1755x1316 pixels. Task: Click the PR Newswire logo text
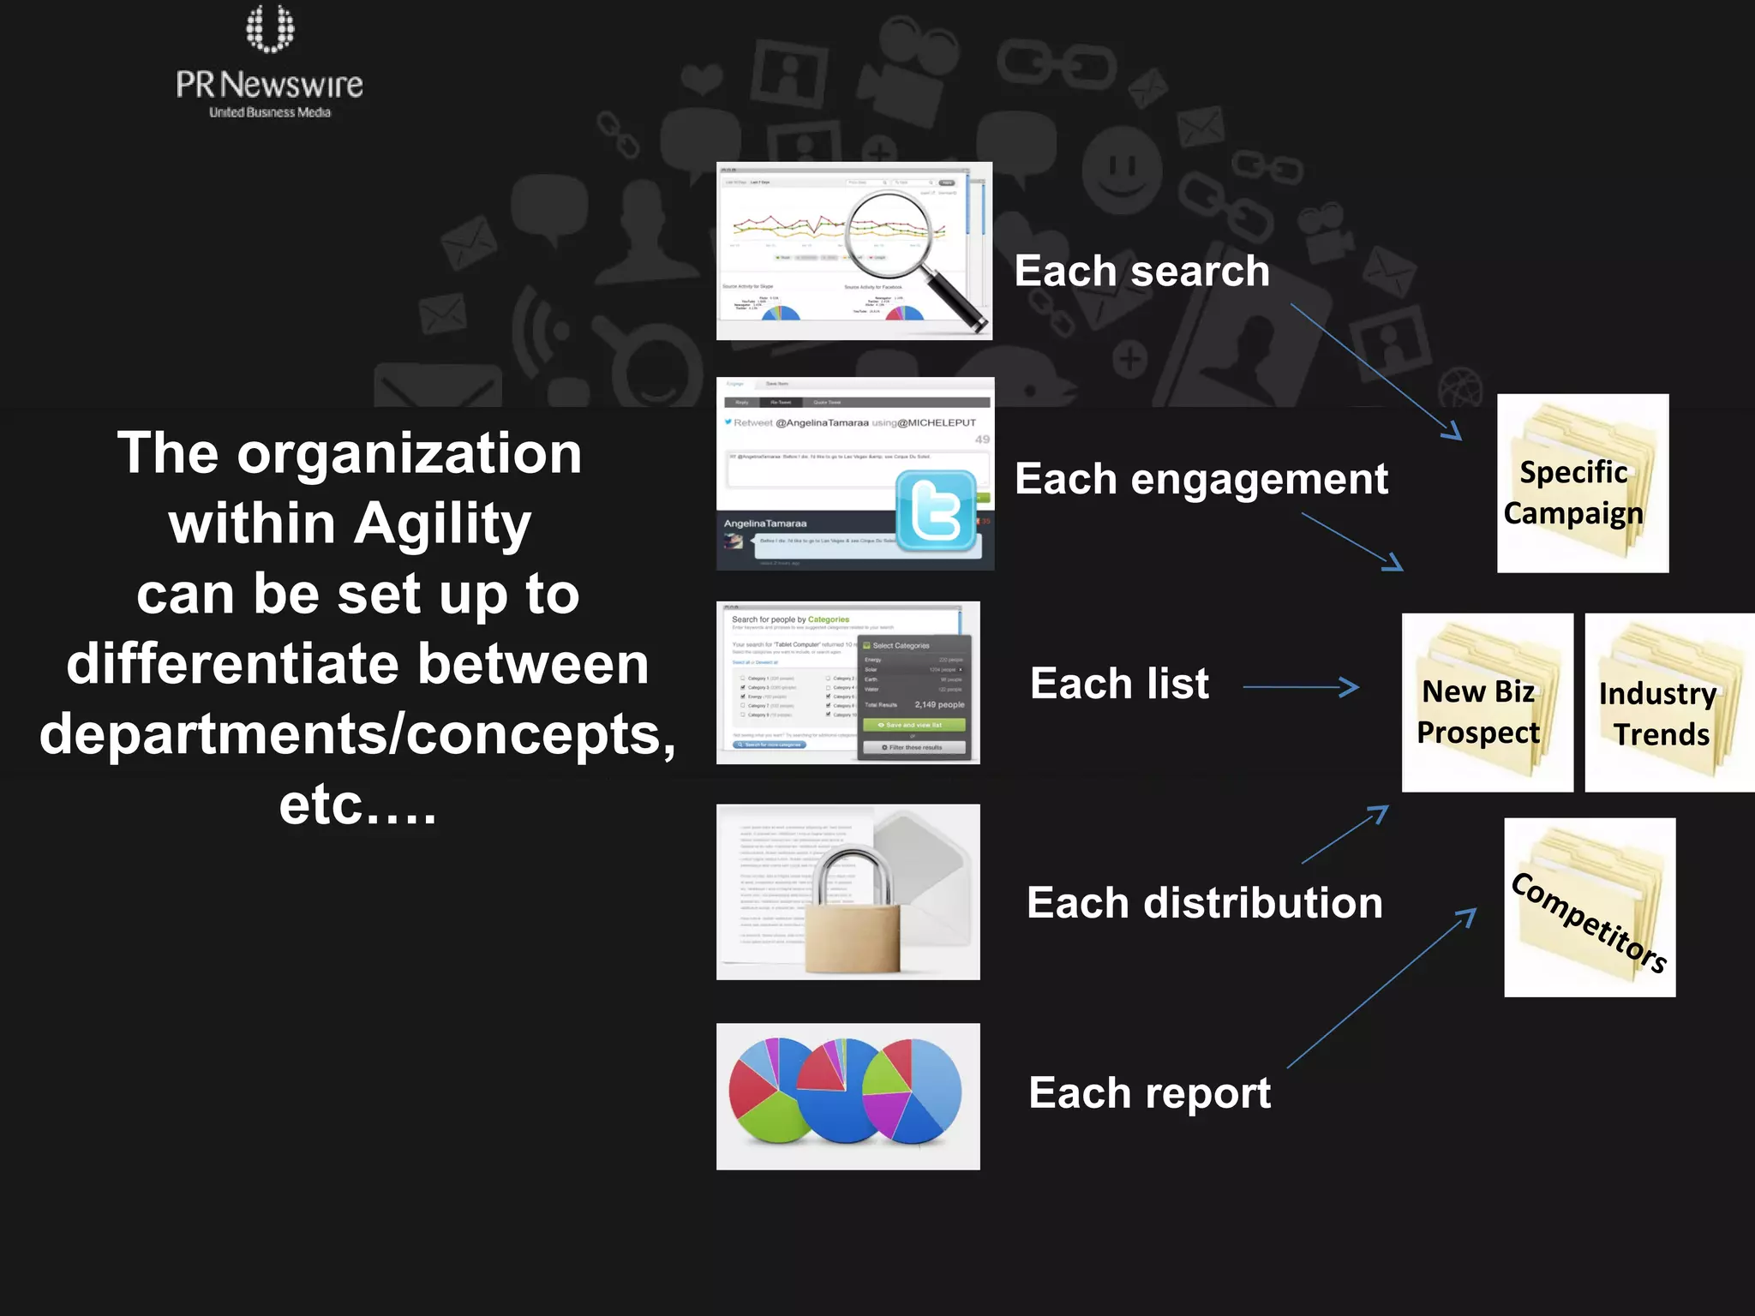(269, 85)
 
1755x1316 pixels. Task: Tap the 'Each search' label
(1141, 271)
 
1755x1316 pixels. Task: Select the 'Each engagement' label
(1201, 478)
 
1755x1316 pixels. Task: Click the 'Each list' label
(1119, 684)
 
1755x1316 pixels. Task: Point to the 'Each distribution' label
(1204, 903)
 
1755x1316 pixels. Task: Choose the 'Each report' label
(1149, 1093)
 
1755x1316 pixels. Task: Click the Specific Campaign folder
(1582, 483)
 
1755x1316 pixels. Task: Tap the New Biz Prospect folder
(1487, 703)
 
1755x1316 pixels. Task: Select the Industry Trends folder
(1667, 703)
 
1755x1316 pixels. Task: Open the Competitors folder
(1590, 907)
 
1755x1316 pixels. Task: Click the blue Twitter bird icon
(936, 511)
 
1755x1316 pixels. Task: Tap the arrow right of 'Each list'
(1300, 687)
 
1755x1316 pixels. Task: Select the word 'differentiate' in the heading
(235, 664)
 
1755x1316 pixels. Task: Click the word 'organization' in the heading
(410, 453)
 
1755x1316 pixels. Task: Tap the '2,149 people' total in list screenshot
(938, 704)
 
